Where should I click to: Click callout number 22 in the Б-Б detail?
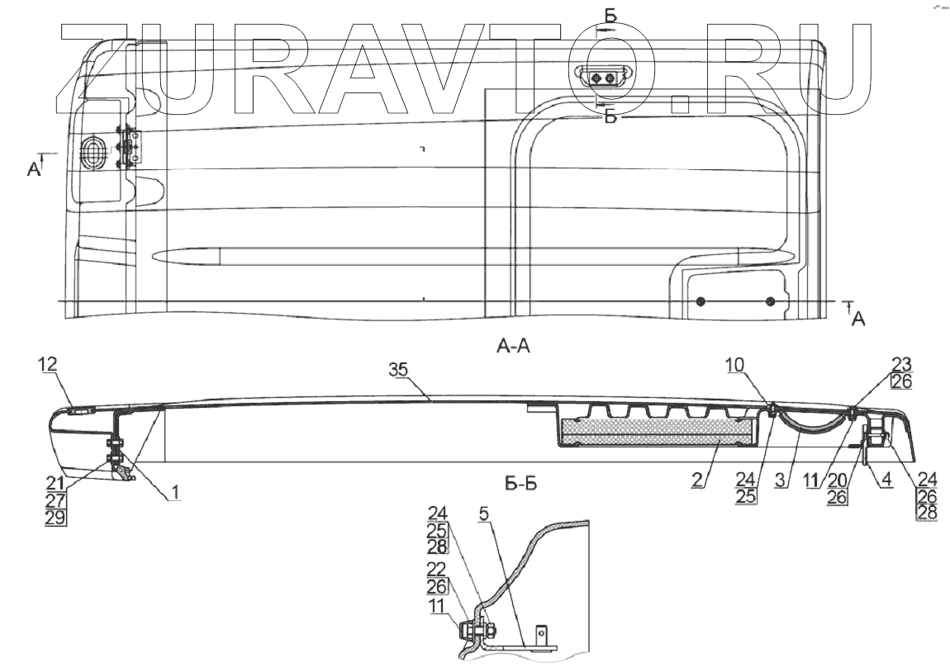pos(438,570)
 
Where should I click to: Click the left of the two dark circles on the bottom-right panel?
pos(700,301)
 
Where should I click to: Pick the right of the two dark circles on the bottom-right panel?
pos(770,301)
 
